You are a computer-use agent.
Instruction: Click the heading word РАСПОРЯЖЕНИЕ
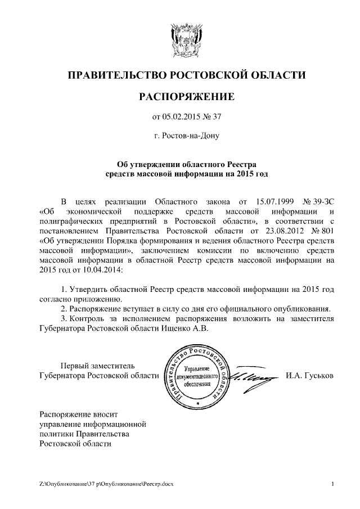pos(186,97)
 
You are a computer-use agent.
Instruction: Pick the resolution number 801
pos(326,231)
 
